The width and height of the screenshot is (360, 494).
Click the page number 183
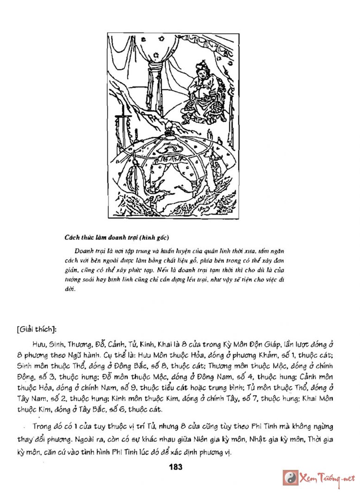click(176, 467)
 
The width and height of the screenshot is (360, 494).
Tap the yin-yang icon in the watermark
click(291, 477)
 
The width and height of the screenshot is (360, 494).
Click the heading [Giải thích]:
click(36, 330)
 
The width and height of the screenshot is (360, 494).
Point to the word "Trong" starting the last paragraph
click(43, 426)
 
